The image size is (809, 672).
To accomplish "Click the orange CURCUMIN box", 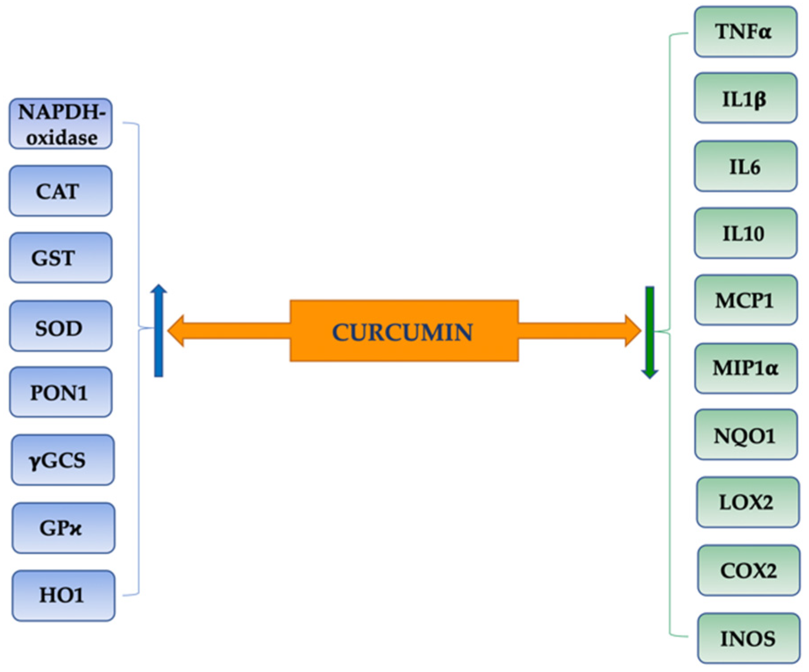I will point(404,331).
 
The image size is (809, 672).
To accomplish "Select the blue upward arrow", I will point(158,331).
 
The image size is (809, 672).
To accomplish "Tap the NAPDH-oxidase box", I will point(61,124).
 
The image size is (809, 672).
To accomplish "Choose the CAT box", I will point(61,191).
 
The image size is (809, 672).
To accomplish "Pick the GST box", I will point(61,258).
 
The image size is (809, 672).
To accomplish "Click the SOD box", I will point(61,326).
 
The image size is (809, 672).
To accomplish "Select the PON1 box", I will point(61,392).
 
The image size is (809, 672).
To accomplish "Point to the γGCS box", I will point(62,460).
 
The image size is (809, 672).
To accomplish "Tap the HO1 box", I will point(63,595).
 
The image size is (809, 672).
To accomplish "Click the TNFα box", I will point(745,32).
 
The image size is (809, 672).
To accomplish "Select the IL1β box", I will point(745,98).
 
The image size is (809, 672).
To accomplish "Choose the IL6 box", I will point(745,166).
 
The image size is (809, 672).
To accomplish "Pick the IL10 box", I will point(745,233).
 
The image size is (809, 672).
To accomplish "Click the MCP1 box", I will point(746,300).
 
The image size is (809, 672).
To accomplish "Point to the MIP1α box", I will point(746,368).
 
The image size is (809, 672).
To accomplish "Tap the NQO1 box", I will point(746,435).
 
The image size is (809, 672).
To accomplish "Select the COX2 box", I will point(748,570).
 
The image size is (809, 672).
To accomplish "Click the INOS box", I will point(748,638).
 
